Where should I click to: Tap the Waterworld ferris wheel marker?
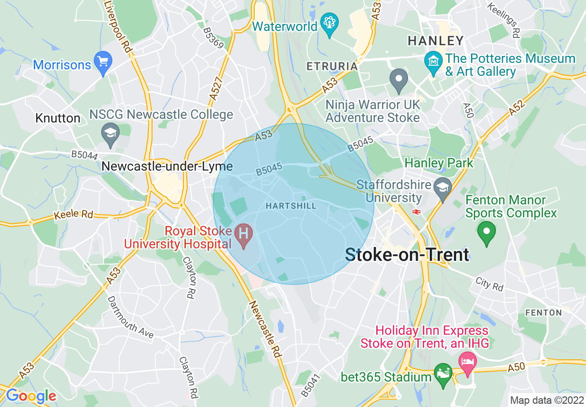(330, 24)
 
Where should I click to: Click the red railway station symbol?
(416, 212)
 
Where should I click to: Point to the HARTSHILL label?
(291, 206)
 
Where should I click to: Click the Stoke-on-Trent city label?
(407, 255)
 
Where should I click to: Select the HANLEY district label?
(435, 41)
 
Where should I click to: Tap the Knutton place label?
(58, 118)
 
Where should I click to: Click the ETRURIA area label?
(332, 66)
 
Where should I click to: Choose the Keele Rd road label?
(73, 215)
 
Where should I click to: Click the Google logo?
(31, 396)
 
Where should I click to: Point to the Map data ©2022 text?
(547, 400)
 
